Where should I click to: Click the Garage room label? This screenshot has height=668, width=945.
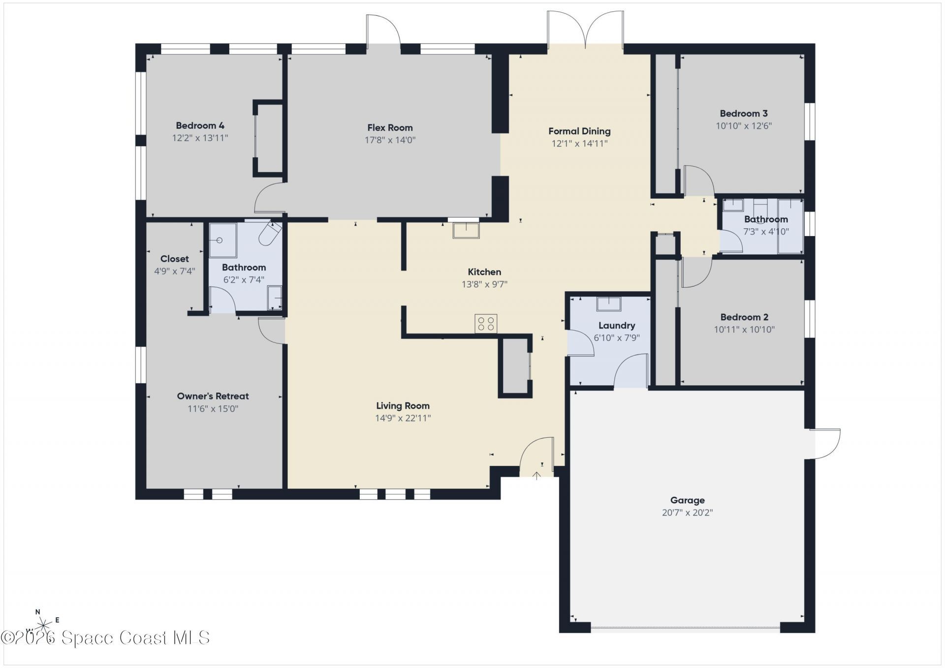(x=687, y=500)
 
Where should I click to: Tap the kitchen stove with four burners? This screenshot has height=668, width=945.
(x=486, y=324)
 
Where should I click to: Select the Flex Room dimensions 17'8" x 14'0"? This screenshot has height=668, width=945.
(x=390, y=140)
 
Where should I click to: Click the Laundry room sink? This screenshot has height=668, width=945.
(x=609, y=304)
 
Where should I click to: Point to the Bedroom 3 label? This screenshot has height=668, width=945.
(x=744, y=114)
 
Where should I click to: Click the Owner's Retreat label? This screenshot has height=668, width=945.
(x=213, y=396)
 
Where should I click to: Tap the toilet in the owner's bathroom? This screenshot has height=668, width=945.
(x=269, y=234)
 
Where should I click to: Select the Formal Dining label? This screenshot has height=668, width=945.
(x=579, y=131)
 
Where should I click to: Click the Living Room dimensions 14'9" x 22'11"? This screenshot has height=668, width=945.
(x=403, y=418)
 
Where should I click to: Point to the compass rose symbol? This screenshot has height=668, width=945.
(x=43, y=625)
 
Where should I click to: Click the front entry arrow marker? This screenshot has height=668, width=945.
(x=536, y=476)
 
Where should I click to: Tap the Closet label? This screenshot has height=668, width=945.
(x=174, y=259)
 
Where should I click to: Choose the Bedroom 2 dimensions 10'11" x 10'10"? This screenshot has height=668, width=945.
(x=744, y=330)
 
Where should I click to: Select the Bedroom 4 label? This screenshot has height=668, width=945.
(x=200, y=125)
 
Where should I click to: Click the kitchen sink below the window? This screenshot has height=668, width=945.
(x=466, y=230)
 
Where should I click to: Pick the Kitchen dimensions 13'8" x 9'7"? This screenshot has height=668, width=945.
(x=484, y=284)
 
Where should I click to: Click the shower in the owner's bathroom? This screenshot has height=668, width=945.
(x=222, y=240)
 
